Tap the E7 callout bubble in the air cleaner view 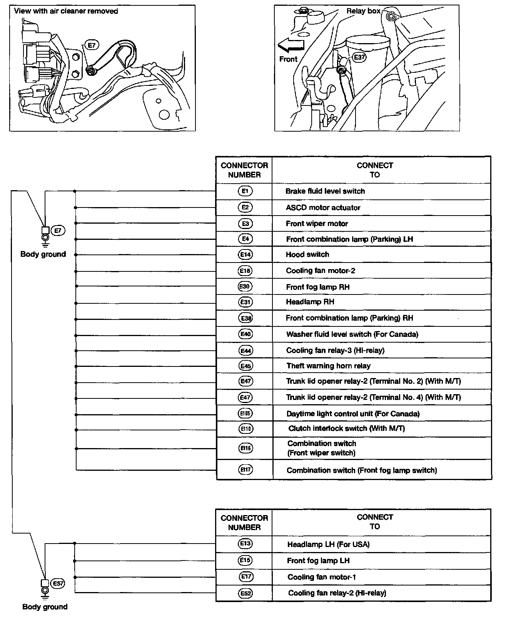92,45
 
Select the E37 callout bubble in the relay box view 359,57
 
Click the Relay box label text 363,11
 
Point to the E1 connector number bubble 245,191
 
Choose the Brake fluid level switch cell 325,191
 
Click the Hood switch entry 307,254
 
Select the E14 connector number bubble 245,254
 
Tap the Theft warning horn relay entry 328,366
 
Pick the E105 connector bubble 245,413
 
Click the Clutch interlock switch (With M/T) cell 346,428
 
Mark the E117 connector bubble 245,470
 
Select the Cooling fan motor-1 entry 322,577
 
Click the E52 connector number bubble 245,593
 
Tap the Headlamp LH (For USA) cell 328,544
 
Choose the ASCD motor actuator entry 323,208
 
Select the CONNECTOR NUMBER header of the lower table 244,522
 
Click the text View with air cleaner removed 66,11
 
